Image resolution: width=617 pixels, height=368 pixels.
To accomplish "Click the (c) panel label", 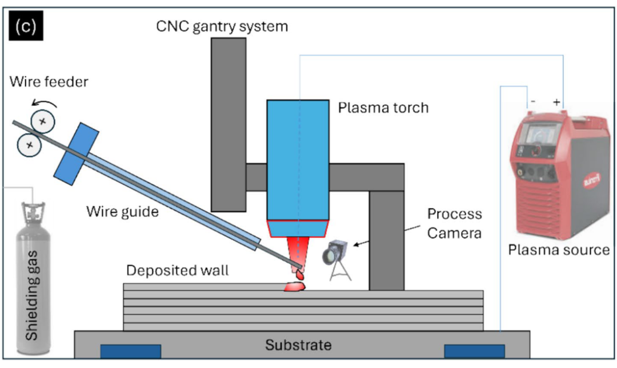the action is point(26,26).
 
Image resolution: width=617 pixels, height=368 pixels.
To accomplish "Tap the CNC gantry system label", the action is point(222,26).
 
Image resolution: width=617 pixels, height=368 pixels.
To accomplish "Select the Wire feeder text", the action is point(49,82).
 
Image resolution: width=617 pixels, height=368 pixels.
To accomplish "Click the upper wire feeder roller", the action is point(42,121).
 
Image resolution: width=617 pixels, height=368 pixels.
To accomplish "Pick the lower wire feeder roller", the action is point(30,145).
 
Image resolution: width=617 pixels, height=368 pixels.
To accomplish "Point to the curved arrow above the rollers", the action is point(44,102).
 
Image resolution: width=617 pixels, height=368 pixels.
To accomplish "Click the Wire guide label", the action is point(122,212).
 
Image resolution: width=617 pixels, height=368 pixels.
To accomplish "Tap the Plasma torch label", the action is point(383,108).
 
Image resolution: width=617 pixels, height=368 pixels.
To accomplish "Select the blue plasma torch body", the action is point(298,160).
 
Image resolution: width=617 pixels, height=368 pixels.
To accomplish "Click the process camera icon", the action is point(336,259).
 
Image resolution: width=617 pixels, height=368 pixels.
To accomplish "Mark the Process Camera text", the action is point(455,223).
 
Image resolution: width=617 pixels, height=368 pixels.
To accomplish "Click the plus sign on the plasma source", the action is point(556,102).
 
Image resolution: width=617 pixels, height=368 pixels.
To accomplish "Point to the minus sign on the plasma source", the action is point(533,102).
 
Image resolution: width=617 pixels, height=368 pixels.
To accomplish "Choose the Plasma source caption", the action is point(559,250).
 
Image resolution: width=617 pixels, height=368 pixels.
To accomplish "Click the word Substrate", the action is point(298,345).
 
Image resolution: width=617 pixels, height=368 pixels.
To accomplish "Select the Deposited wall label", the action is point(178,270).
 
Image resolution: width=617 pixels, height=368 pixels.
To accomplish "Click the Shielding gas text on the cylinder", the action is point(32,295).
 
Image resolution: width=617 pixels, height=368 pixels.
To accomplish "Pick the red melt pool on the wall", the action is point(295,286).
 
